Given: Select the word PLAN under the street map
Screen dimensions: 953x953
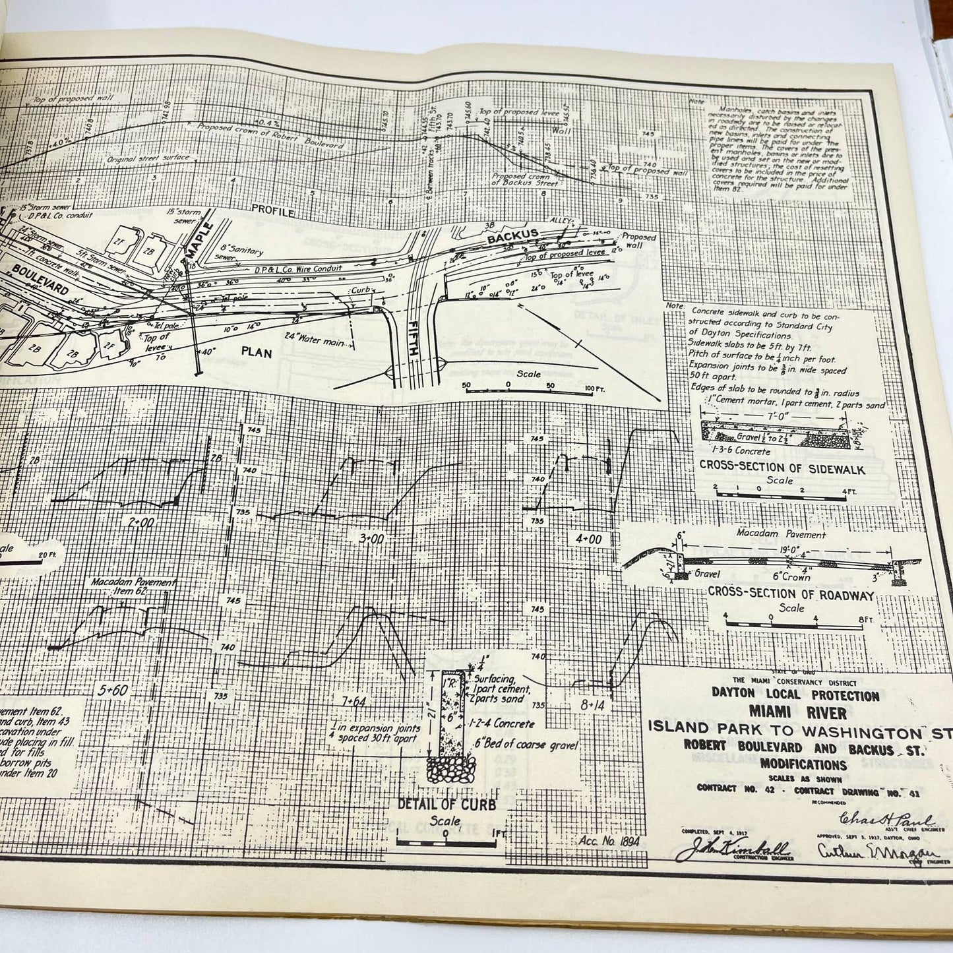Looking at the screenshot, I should (253, 352).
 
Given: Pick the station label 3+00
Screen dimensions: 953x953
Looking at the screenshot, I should (371, 538).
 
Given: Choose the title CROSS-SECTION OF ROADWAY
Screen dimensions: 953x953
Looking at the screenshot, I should (791, 595).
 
